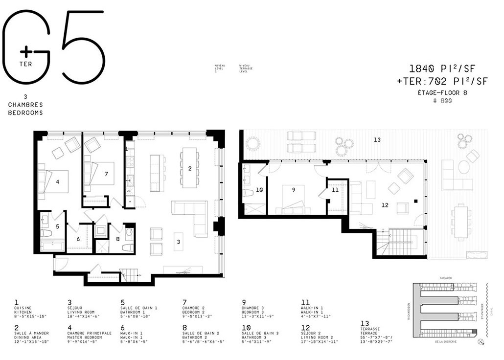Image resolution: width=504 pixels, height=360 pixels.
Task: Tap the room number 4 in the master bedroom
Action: (x=57, y=182)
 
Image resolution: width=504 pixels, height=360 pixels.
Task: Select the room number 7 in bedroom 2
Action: (x=106, y=174)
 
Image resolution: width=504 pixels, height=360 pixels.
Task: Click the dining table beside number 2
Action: (x=189, y=167)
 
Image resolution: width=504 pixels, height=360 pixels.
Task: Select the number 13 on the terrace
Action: (x=377, y=140)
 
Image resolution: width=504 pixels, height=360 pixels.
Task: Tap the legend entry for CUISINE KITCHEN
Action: (x=29, y=309)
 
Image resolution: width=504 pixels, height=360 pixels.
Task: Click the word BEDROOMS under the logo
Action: (x=25, y=112)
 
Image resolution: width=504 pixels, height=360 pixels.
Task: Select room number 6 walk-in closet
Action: (x=78, y=239)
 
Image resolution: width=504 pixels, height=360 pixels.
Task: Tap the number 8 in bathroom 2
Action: (x=118, y=239)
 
